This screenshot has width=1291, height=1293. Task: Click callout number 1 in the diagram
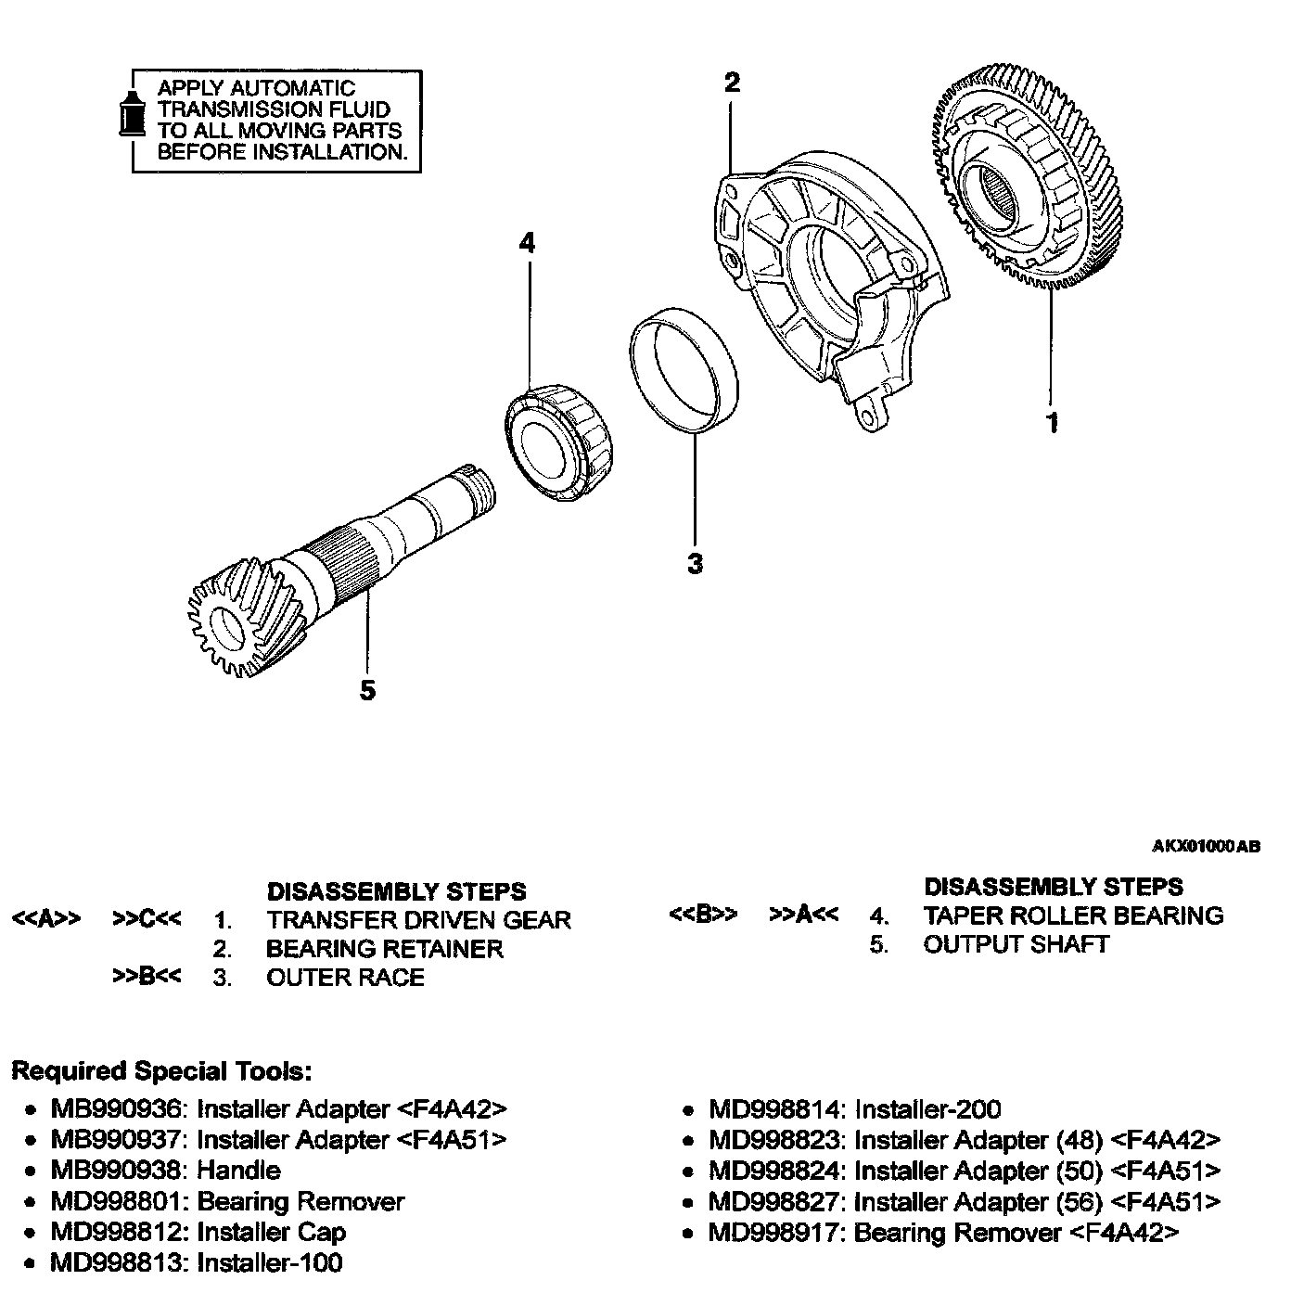1052,423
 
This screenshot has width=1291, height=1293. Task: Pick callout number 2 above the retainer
732,83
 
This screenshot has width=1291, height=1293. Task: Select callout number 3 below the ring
696,563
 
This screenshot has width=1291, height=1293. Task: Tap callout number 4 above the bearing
527,244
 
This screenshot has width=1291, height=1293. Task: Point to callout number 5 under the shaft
368,690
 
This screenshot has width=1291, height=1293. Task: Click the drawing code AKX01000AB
1206,846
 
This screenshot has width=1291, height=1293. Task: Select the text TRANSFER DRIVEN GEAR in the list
418,920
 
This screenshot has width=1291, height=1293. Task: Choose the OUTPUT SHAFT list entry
1016,944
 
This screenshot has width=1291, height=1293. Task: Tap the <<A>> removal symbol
45,919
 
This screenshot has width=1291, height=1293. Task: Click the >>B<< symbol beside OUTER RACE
147,977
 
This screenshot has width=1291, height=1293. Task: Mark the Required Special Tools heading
161,1071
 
